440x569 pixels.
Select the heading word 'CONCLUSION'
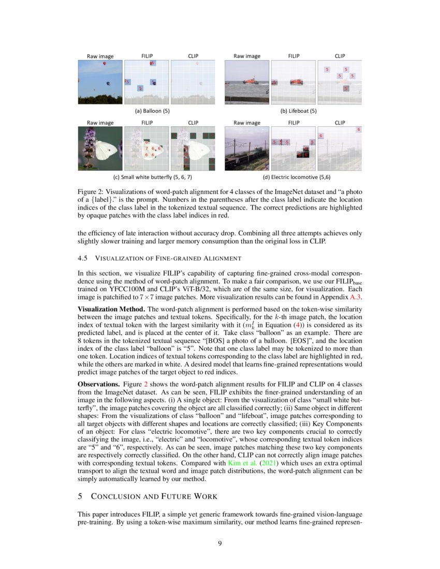(116, 497)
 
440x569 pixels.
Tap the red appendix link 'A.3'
(356, 297)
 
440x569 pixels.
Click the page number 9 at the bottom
(220, 543)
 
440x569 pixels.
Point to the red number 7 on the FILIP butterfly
(147, 148)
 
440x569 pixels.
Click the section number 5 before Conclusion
(80, 497)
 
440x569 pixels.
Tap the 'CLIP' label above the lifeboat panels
(340, 56)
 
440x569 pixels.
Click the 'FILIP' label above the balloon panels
(148, 56)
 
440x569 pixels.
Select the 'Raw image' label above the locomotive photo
(247, 123)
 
